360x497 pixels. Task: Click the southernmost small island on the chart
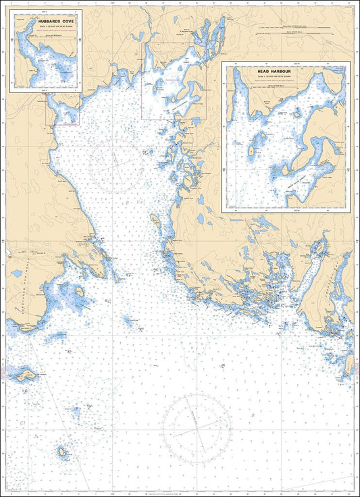coord(63,452)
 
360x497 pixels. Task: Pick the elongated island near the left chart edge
coord(22,374)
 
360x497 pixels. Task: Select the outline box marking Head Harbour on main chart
coord(172,81)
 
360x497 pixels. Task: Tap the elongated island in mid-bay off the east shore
coord(155,221)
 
